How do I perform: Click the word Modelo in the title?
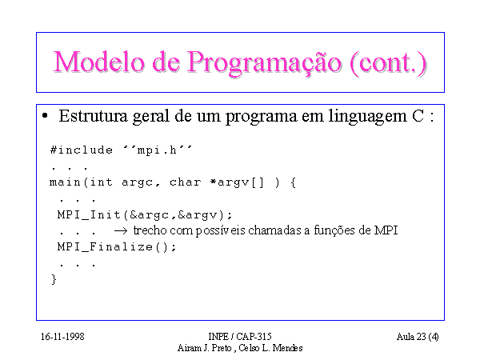tap(99, 62)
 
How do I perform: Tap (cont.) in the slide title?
tap(389, 63)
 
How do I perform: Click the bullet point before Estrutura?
tap(45, 116)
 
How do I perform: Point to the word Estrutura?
tap(93, 116)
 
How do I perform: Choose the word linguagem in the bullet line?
tap(368, 117)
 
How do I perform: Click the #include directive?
tap(82, 150)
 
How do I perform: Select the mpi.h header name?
tap(157, 150)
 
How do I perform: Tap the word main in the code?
tap(65, 182)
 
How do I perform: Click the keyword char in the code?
tap(186, 182)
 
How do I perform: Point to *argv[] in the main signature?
tap(237, 182)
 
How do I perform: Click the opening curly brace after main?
tap(293, 182)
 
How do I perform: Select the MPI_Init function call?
tap(145, 215)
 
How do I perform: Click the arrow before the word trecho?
tap(121, 231)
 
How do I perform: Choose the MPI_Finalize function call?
tap(117, 246)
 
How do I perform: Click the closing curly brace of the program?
tap(54, 279)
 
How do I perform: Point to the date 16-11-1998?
tap(62, 337)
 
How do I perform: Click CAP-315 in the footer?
tap(254, 337)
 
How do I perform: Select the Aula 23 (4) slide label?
tap(418, 337)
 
